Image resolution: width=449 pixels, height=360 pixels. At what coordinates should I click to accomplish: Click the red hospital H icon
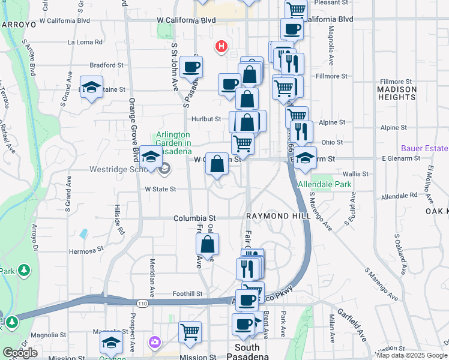pyautogui.click(x=221, y=46)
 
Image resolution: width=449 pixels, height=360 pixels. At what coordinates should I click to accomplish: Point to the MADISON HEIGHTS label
pyautogui.click(x=397, y=93)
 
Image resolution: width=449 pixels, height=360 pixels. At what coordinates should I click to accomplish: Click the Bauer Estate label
pyautogui.click(x=424, y=148)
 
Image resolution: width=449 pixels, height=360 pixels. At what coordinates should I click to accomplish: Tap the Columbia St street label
pyautogui.click(x=194, y=218)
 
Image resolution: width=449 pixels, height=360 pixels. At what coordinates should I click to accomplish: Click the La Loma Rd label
pyautogui.click(x=85, y=43)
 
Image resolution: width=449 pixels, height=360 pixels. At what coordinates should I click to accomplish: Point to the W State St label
pyautogui.click(x=160, y=189)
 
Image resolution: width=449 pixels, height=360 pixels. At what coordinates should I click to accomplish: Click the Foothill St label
pyautogui.click(x=188, y=294)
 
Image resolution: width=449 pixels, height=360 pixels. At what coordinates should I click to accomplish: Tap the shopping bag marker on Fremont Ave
pyautogui.click(x=207, y=244)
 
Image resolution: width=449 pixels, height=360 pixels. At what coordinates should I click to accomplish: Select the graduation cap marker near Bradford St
pyautogui.click(x=91, y=87)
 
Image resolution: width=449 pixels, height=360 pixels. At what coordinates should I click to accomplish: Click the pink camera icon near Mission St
pyautogui.click(x=155, y=342)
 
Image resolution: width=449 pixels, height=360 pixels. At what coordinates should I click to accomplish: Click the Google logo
pyautogui.click(x=20, y=353)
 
